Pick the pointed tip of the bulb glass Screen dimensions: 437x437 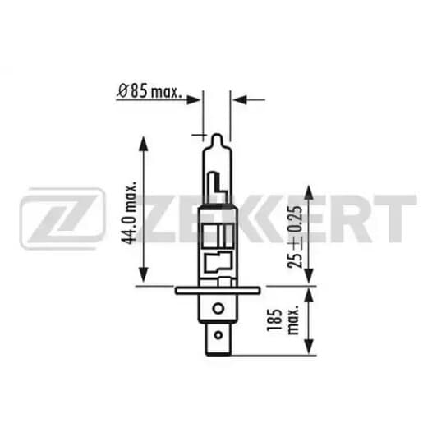click(x=216, y=136)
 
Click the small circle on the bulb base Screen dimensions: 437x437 click(x=217, y=310)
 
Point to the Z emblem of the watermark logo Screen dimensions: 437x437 click(x=62, y=218)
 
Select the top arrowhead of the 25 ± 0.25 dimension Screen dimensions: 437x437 click(x=310, y=191)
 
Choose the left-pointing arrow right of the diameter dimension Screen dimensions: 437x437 click(x=238, y=99)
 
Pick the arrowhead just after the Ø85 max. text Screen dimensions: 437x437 click(x=195, y=99)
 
